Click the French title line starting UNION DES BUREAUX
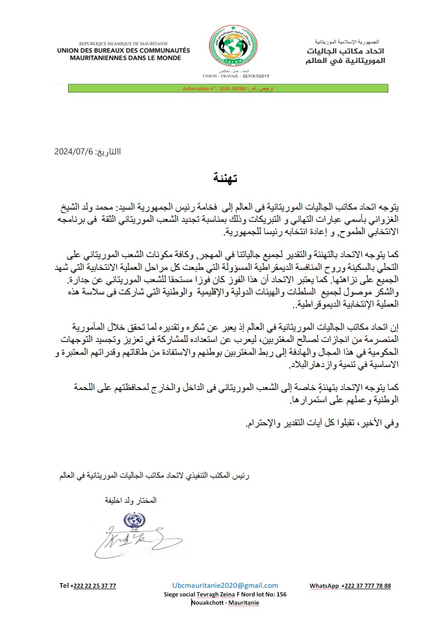pyautogui.click(x=123, y=51)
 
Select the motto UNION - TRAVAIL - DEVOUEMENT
pyautogui.click(x=236, y=76)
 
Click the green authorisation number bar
pyautogui.click(x=228, y=88)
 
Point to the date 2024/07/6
pyautogui.click(x=76, y=152)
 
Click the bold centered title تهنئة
pyautogui.click(x=225, y=179)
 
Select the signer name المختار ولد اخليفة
pyautogui.click(x=130, y=500)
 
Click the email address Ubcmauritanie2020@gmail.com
pyautogui.click(x=225, y=586)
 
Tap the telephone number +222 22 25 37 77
pyautogui.click(x=88, y=586)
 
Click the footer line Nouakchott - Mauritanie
pyautogui.click(x=225, y=603)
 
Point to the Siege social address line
pyautogui.click(x=225, y=594)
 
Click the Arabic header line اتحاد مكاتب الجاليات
pyautogui.click(x=348, y=52)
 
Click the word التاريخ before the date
pyautogui.click(x=109, y=152)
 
